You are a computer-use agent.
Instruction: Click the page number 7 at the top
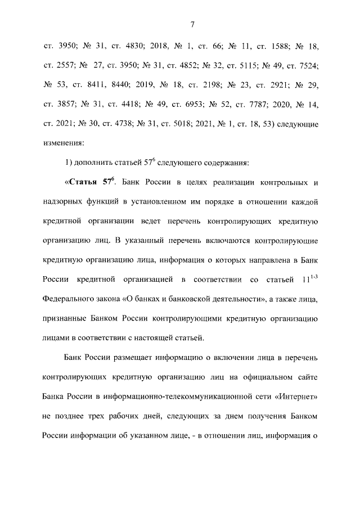coord(192,24)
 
